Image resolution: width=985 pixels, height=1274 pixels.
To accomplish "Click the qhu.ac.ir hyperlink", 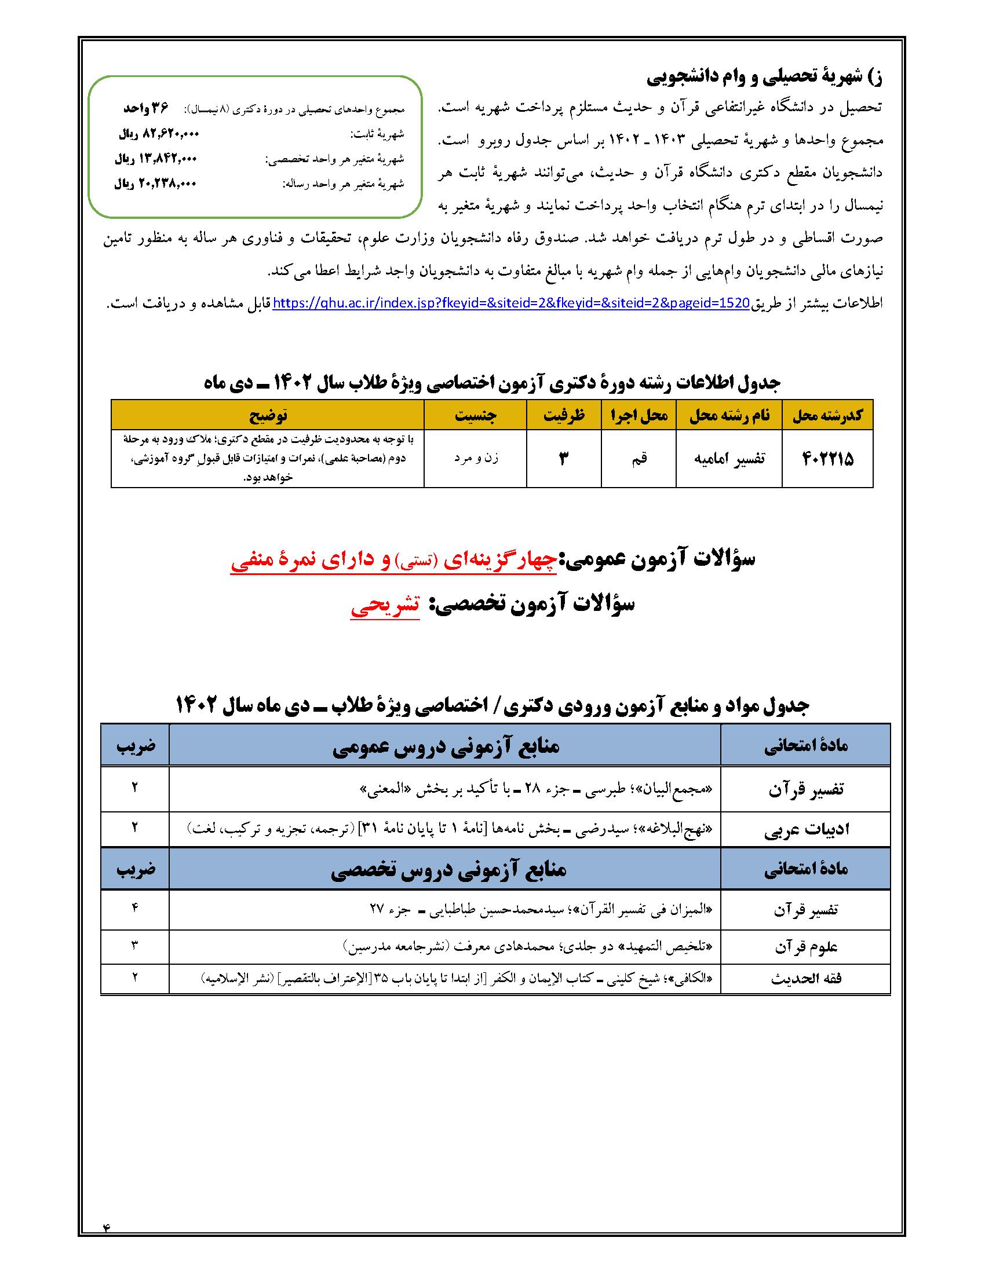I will (510, 304).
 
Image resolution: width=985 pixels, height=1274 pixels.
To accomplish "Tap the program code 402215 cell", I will (827, 459).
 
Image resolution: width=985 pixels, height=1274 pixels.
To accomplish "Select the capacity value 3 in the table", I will (564, 459).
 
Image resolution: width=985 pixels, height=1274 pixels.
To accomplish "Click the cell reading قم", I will (639, 459).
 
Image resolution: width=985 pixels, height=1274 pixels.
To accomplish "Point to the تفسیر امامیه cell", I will (729, 459).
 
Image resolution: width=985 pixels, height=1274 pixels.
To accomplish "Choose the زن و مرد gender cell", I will (476, 459).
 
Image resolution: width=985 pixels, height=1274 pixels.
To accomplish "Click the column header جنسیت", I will (476, 415).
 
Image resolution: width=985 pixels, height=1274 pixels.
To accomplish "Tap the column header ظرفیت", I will (564, 415).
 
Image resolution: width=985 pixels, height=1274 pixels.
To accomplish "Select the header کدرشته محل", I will (827, 415).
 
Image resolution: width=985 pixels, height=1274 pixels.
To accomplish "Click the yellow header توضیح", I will (268, 415).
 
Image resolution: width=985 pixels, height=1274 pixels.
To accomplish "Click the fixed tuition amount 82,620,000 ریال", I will (159, 134).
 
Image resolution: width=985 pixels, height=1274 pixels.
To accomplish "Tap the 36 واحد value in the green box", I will (145, 108).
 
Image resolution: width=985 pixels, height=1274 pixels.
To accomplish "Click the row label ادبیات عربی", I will (805, 829).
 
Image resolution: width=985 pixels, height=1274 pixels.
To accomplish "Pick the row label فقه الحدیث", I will (805, 980).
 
